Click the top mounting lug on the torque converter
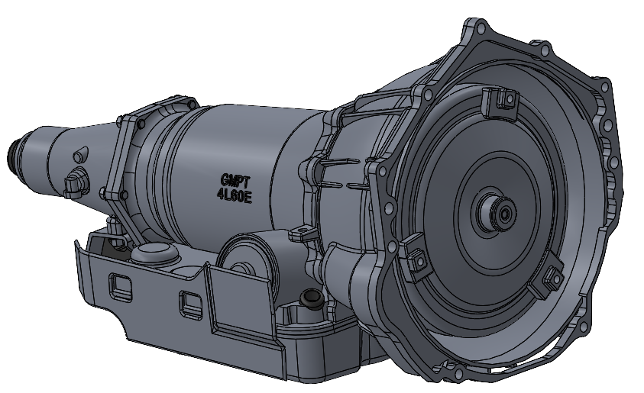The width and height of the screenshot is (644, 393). (497, 101)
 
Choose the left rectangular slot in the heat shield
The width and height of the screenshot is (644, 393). (118, 283)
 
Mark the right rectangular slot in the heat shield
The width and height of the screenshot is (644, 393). (187, 303)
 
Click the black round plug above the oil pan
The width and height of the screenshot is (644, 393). (310, 298)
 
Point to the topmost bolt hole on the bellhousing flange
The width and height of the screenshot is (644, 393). (478, 29)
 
